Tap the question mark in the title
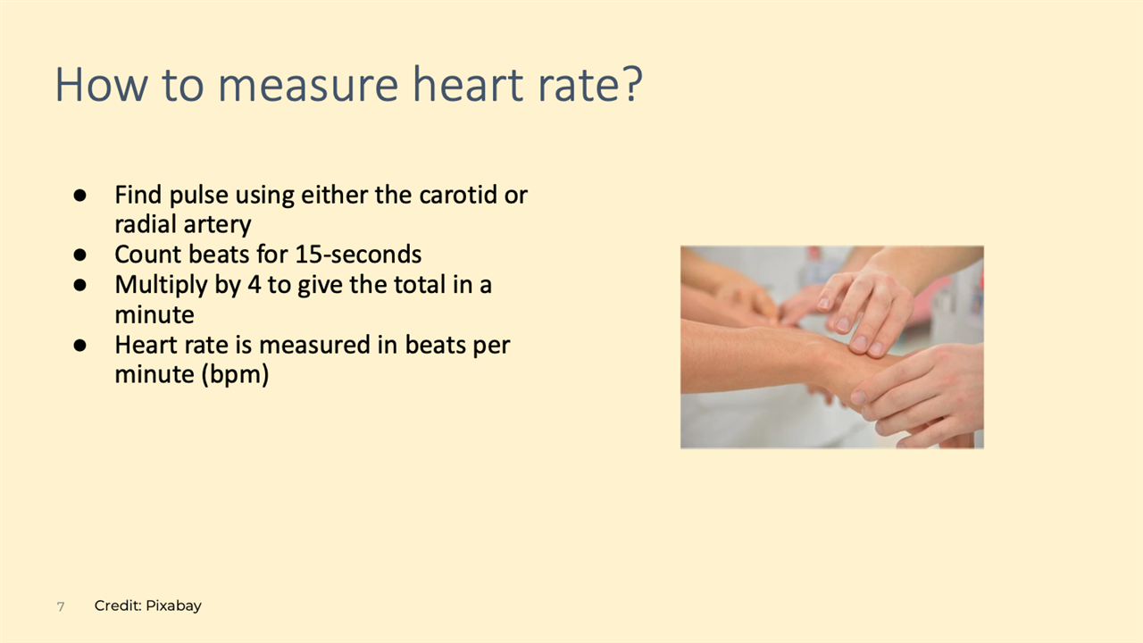point(631,83)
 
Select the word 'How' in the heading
point(101,84)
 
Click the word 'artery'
point(220,225)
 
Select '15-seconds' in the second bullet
point(359,255)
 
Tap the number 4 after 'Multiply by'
point(254,285)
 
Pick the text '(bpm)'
point(235,375)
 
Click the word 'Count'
point(148,255)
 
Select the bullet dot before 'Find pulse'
point(79,195)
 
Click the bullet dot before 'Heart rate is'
point(79,345)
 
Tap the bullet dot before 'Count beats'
point(79,255)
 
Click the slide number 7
point(61,606)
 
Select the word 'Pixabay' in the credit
point(173,606)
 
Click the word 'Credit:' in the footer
point(118,605)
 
